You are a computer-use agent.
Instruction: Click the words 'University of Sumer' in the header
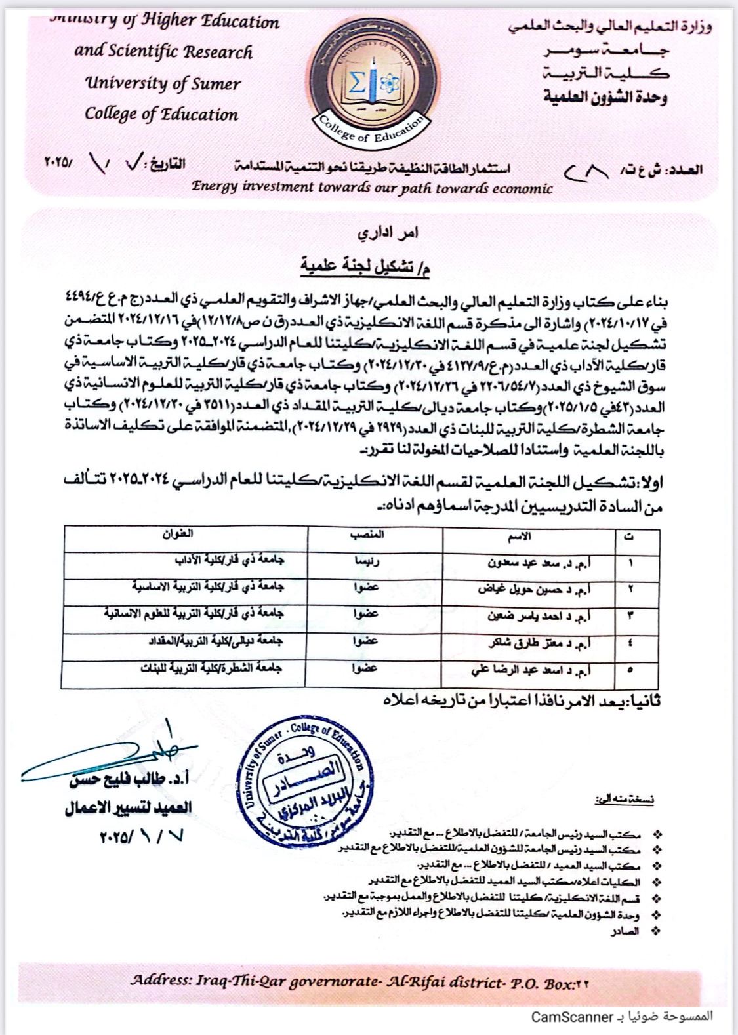pos(163,83)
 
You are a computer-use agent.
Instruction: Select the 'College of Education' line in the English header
pos(161,114)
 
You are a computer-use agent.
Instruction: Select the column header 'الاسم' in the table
pos(520,536)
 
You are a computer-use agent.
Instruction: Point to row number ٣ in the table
pos(631,616)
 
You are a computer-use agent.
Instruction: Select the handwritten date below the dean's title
pos(142,836)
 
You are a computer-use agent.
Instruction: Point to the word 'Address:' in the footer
pos(161,981)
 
